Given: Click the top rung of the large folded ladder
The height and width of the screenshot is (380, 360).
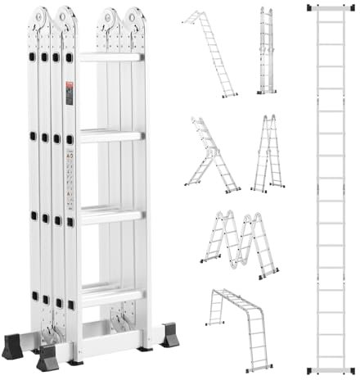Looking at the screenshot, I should [x=110, y=57].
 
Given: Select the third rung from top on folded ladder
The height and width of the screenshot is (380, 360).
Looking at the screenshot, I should [x=110, y=215].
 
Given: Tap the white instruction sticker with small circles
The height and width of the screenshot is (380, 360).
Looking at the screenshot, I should [x=71, y=177].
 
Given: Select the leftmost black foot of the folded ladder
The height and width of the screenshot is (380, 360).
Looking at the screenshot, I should [x=12, y=346].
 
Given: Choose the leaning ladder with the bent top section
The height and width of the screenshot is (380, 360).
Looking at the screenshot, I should [x=211, y=53].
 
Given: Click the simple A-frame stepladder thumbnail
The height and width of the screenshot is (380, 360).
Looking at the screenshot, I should [x=268, y=154].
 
